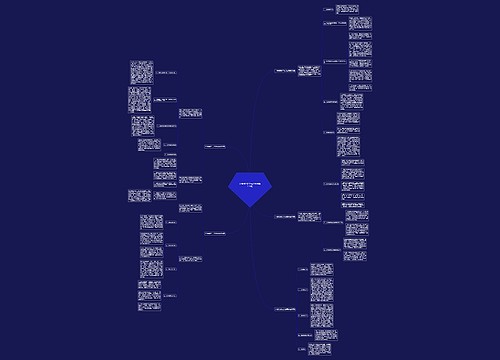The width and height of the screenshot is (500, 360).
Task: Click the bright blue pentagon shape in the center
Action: coord(249,188)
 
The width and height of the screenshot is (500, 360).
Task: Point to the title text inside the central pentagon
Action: coord(249,185)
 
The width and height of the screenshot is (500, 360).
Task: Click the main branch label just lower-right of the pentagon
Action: coord(291,216)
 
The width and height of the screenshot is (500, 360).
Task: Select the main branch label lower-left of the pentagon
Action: coord(213,232)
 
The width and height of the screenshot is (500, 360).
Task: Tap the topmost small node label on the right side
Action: coord(331,10)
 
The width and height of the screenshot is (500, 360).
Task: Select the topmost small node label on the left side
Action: coord(167,74)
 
